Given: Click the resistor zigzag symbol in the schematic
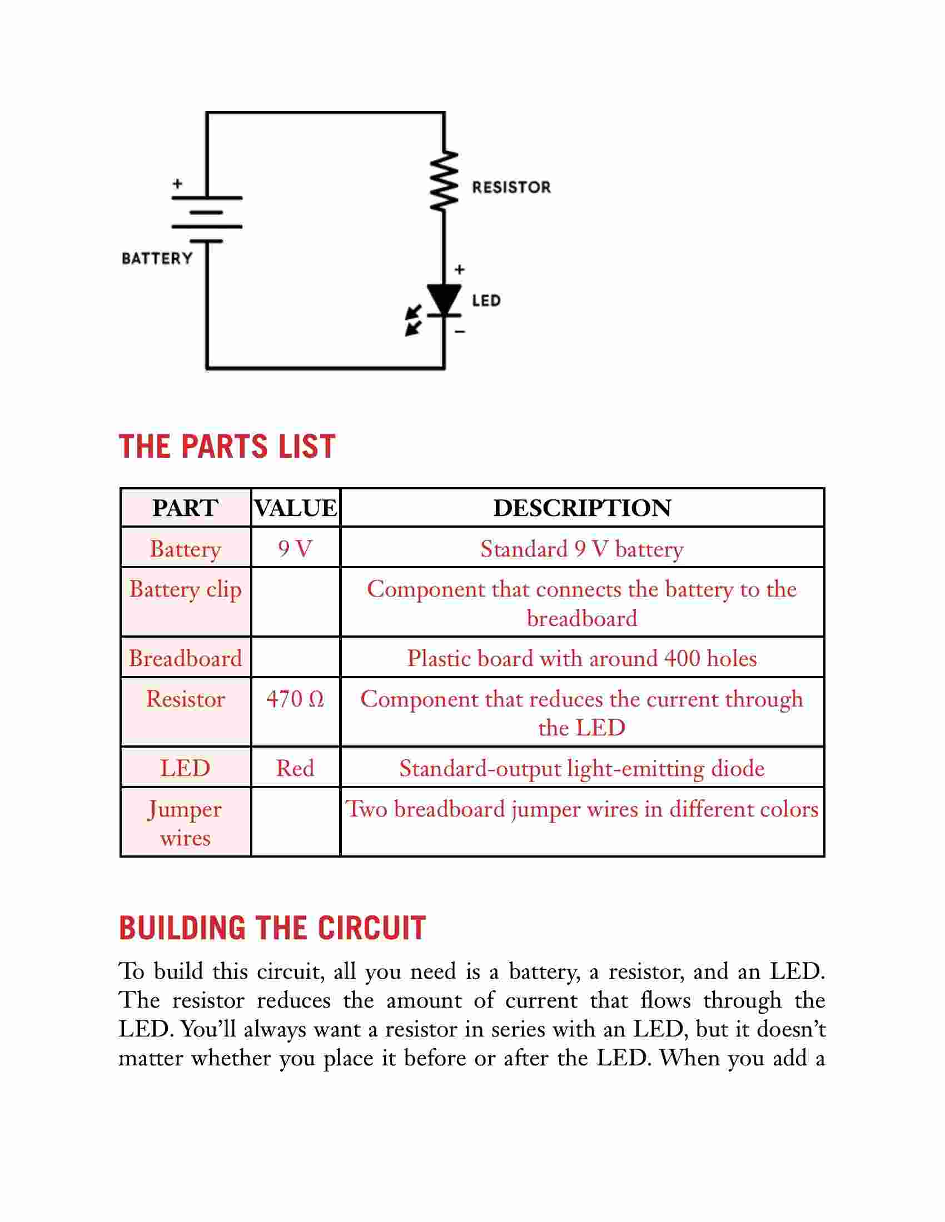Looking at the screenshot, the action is [x=445, y=181].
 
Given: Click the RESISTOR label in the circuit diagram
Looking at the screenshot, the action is [x=511, y=187].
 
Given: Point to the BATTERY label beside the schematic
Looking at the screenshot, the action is [x=157, y=258].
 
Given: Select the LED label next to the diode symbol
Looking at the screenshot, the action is [x=486, y=301].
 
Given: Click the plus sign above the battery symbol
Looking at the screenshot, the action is [x=177, y=183].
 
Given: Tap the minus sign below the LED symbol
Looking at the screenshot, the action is [x=460, y=332].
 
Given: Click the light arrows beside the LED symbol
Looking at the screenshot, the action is [x=414, y=320].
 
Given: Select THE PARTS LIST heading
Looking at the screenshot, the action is [x=227, y=447].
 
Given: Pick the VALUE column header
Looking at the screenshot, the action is [x=296, y=508].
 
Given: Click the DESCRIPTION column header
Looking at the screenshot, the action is [x=582, y=508].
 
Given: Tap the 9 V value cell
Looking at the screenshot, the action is [x=295, y=549].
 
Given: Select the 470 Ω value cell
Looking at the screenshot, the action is [x=295, y=699].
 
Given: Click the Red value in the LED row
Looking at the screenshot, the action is [x=295, y=768].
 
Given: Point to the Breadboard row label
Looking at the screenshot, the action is [x=185, y=658].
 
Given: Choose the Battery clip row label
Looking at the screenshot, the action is [x=185, y=590].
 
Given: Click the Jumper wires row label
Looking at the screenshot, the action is [x=185, y=824].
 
